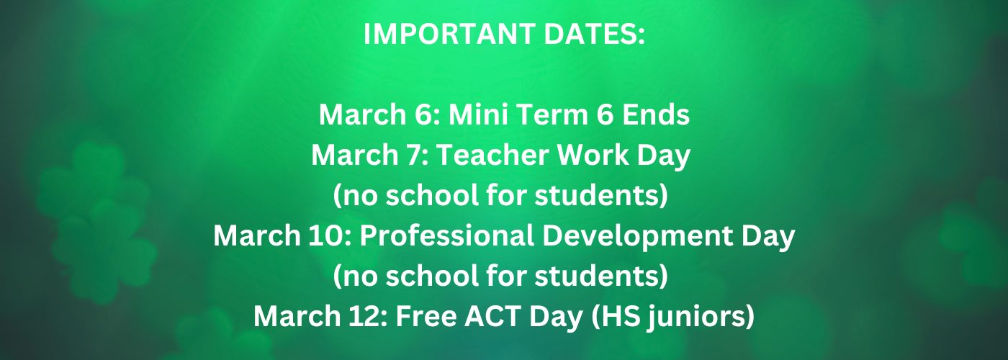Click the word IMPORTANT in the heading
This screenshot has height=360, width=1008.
click(450, 34)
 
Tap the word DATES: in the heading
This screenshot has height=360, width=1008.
click(595, 34)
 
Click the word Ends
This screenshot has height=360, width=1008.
click(656, 114)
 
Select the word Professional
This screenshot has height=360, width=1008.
click(447, 235)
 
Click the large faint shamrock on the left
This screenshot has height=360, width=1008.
click(96, 220)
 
